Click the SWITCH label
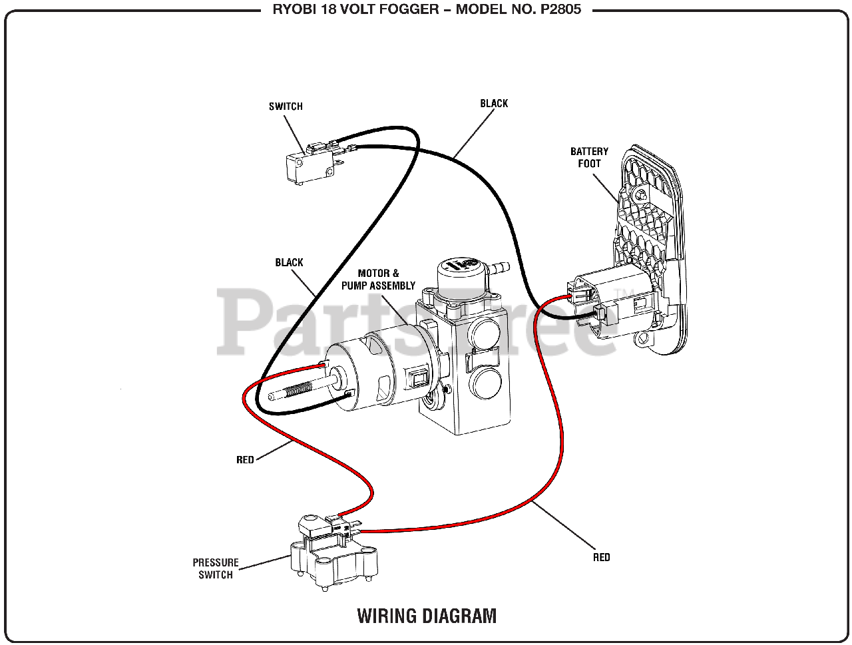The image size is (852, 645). [x=286, y=107]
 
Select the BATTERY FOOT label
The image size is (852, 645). [x=589, y=158]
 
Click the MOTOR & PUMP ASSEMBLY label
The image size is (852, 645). [x=378, y=280]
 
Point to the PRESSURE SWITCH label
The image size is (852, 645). [x=216, y=568]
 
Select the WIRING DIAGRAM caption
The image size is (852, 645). [x=427, y=616]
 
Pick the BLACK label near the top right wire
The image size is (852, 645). [x=494, y=103]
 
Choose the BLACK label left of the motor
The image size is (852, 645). [x=289, y=263]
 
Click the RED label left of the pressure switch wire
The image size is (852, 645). [x=245, y=460]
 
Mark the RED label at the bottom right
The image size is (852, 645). [x=601, y=557]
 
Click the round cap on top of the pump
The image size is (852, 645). [x=459, y=272]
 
